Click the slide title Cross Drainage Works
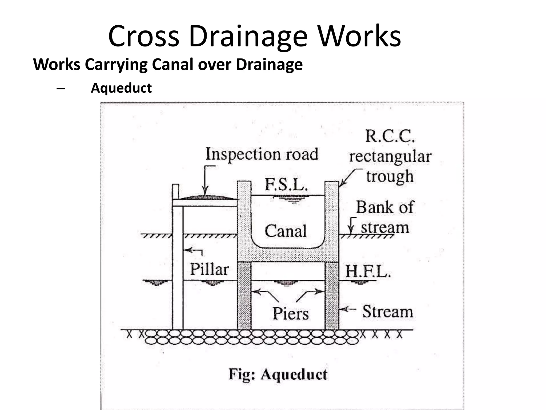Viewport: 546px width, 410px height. [255, 36]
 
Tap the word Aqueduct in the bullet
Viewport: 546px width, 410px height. [121, 88]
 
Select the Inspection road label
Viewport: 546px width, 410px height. [262, 154]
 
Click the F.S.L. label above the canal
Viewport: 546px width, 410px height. [286, 184]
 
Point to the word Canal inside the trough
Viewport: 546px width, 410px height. [286, 231]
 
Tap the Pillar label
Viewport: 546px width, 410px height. [209, 269]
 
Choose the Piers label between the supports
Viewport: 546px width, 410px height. [291, 313]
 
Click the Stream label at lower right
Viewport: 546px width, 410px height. [387, 312]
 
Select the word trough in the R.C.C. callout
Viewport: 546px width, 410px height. [390, 176]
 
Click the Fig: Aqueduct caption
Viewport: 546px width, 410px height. [278, 374]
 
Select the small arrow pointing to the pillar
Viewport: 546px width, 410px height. [192, 251]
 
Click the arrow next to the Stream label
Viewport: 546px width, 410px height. [348, 309]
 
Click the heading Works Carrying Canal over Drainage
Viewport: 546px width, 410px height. [168, 65]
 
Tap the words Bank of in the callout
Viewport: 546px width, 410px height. [384, 207]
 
